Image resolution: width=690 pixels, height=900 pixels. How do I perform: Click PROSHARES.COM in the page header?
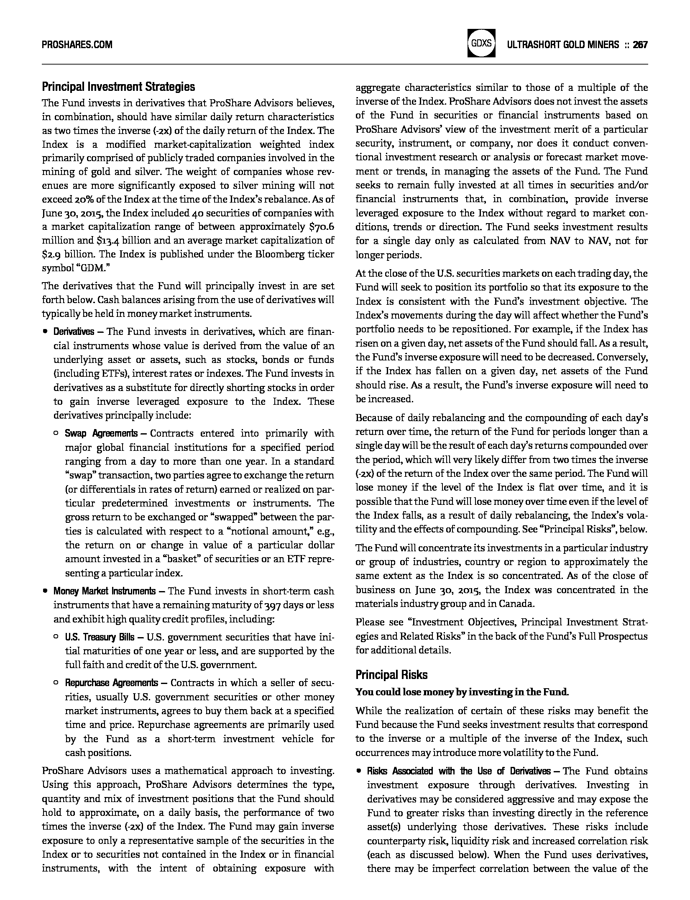[77, 44]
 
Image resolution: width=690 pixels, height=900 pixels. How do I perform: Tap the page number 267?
[640, 44]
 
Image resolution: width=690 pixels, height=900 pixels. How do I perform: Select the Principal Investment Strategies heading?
[118, 87]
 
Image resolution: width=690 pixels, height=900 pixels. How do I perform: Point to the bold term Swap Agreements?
[101, 433]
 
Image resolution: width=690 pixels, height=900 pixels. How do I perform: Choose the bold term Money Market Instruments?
[104, 591]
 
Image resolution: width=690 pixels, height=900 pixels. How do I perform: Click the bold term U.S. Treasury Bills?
[100, 637]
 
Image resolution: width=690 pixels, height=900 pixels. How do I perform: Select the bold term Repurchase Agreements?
[111, 683]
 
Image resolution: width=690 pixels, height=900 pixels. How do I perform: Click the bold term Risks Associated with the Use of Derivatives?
[459, 771]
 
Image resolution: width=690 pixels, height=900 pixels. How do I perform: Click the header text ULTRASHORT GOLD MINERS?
[562, 44]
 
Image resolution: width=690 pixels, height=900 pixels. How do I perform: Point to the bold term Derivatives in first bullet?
[74, 332]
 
